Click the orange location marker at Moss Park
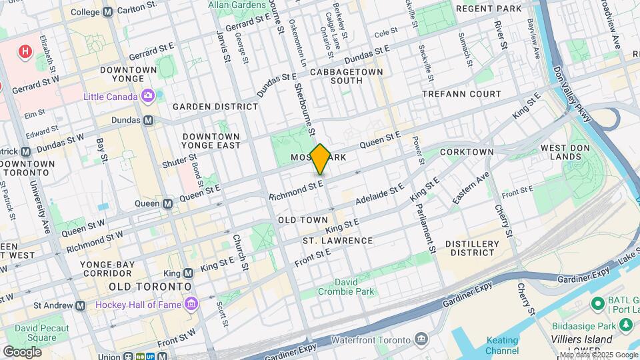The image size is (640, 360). (x=320, y=159)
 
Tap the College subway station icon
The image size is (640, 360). (x=108, y=12)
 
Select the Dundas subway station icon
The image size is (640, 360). (x=149, y=121)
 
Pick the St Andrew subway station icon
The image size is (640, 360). (x=81, y=305)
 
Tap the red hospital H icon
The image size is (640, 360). (x=25, y=51)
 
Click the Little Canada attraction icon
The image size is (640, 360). (x=148, y=97)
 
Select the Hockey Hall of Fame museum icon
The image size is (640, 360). (x=193, y=305)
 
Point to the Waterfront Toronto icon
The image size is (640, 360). (x=421, y=339)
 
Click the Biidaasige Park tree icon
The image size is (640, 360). (x=625, y=325)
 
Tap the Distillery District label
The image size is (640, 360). (x=471, y=248)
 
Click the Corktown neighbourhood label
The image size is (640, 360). (x=467, y=152)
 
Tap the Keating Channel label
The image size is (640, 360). (x=502, y=345)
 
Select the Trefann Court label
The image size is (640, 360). (x=461, y=94)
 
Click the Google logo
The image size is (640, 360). (x=22, y=351)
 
